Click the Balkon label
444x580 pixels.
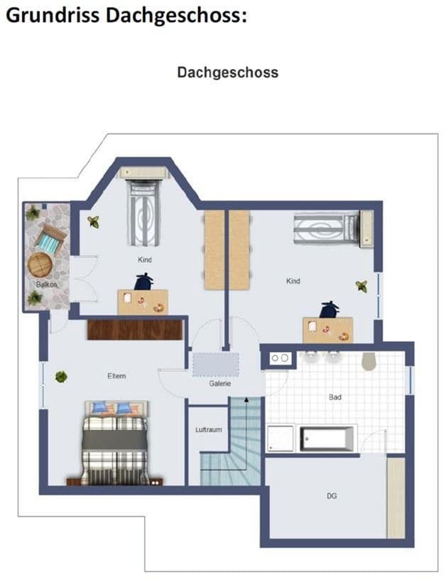pyautogui.click(x=47, y=284)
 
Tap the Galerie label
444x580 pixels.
pyautogui.click(x=220, y=384)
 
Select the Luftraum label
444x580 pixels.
pyautogui.click(x=209, y=429)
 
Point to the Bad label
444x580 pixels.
pyautogui.click(x=335, y=397)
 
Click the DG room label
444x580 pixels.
pyautogui.click(x=332, y=495)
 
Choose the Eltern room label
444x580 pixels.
pyautogui.click(x=117, y=376)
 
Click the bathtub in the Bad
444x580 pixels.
pyautogui.click(x=327, y=439)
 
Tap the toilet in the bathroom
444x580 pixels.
pyautogui.click(x=369, y=360)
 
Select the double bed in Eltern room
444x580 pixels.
pyautogui.click(x=116, y=443)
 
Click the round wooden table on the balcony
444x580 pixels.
pyautogui.click(x=40, y=264)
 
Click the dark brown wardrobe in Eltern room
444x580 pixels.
pyautogui.click(x=135, y=329)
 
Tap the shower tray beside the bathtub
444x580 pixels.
pyautogui.click(x=280, y=439)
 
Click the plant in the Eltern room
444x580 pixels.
pyautogui.click(x=61, y=377)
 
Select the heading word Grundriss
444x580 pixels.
pyautogui.click(x=53, y=16)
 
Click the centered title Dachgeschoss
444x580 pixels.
pyautogui.click(x=228, y=72)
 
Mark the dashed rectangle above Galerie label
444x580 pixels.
pyautogui.click(x=216, y=365)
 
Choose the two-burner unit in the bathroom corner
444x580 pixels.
pyautogui.click(x=279, y=358)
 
